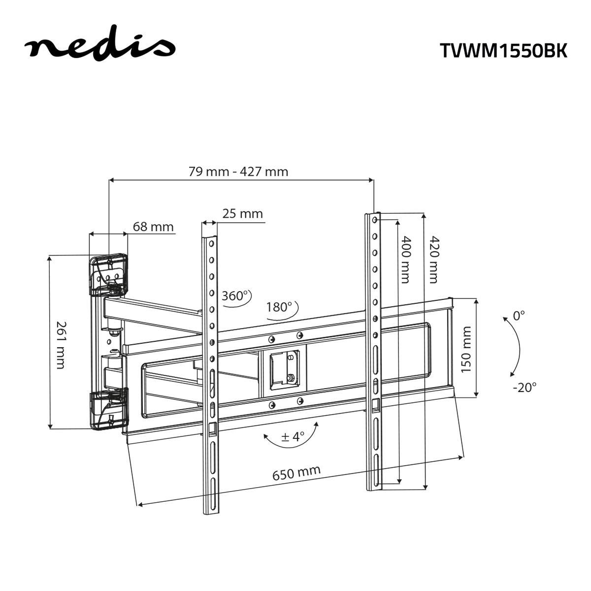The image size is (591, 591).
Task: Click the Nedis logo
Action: coord(99,47)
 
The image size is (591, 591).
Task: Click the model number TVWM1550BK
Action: coord(503,51)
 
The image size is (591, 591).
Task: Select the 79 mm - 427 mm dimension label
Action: coord(238,171)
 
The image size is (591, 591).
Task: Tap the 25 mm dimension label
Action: coord(242,214)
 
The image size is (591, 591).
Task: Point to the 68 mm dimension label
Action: coord(153,227)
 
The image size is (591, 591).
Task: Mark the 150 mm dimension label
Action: coord(466,349)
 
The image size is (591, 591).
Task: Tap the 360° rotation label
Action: coord(234,296)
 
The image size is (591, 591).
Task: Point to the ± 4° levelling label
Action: coord(293,436)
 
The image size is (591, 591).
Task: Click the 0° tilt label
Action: coord(519,316)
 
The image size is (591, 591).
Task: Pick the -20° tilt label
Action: coord(524,387)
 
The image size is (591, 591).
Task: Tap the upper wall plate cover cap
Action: coord(108,274)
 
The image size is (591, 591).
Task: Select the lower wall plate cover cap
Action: coord(109,409)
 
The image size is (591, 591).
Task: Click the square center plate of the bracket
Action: coord(284,367)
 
